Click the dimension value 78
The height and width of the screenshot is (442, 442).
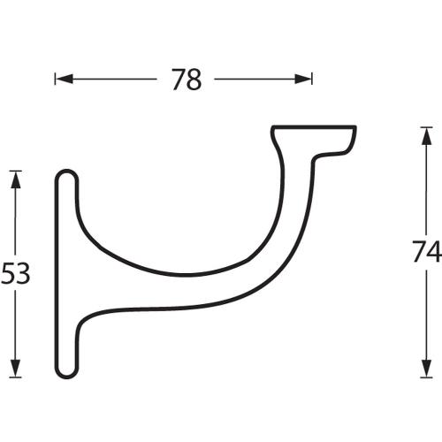click(x=186, y=80)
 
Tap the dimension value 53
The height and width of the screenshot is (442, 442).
click(x=15, y=274)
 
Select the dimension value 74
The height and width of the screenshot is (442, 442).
click(x=426, y=252)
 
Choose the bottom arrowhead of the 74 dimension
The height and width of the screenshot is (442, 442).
click(x=426, y=370)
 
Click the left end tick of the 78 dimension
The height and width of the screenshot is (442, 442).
click(x=56, y=80)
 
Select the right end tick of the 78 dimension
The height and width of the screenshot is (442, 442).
click(x=312, y=80)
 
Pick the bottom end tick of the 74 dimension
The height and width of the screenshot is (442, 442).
click(x=426, y=377)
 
